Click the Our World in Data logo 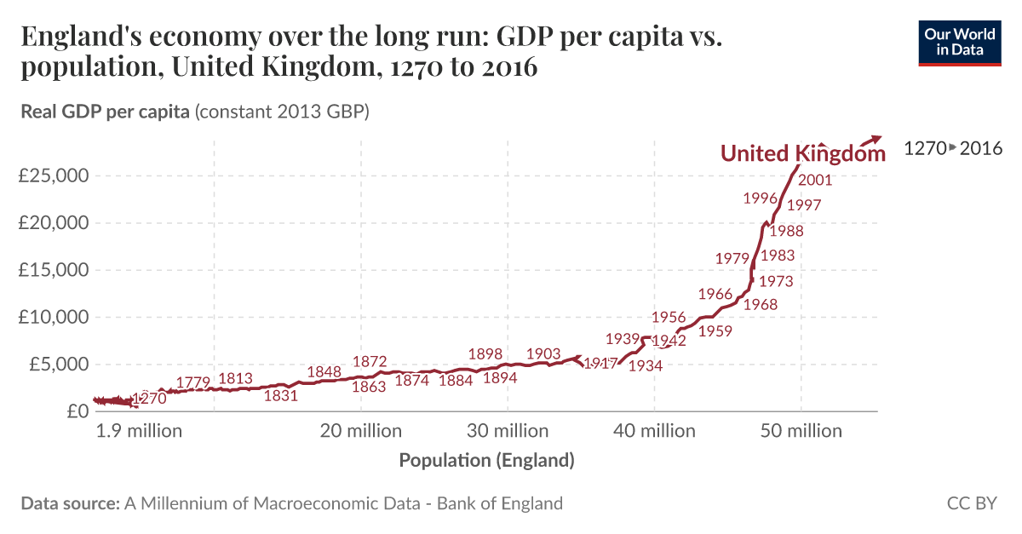point(962,41)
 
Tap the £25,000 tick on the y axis point(54,176)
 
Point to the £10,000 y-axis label point(54,317)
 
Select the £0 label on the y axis point(77,411)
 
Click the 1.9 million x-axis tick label point(139,431)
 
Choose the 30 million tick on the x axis point(508,431)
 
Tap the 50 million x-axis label point(801,431)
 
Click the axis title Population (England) point(486,461)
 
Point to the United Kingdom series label point(802,153)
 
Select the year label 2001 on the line point(815,180)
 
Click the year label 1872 point(370,362)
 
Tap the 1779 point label point(193,382)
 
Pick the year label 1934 point(646,365)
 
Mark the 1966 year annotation point(715,294)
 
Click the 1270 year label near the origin point(149,398)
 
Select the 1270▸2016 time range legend point(952,148)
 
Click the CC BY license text point(971,503)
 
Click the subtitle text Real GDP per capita point(105,112)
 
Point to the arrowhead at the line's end point(879,138)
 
